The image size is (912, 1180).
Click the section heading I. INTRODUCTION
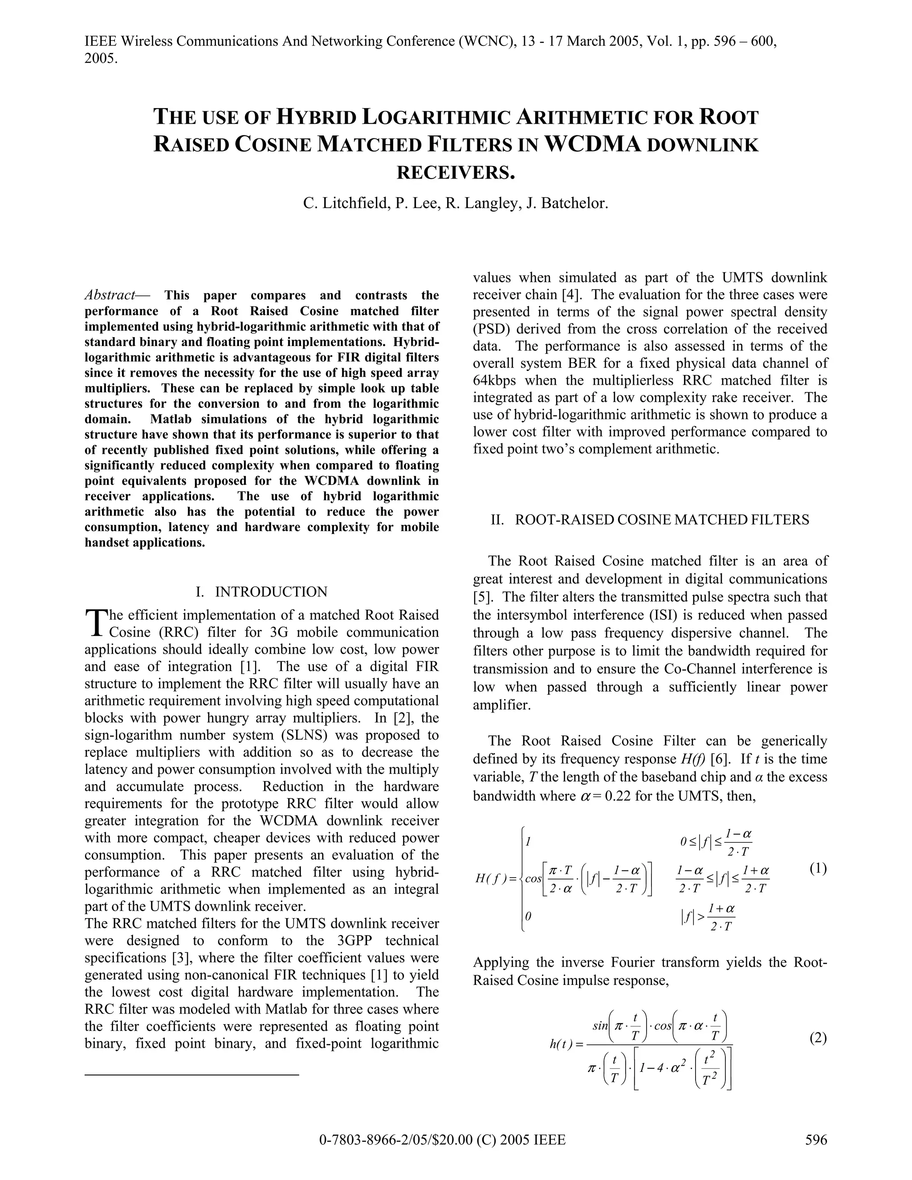(x=261, y=592)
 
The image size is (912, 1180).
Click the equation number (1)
(x=818, y=868)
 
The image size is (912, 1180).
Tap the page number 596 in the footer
(x=816, y=1139)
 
